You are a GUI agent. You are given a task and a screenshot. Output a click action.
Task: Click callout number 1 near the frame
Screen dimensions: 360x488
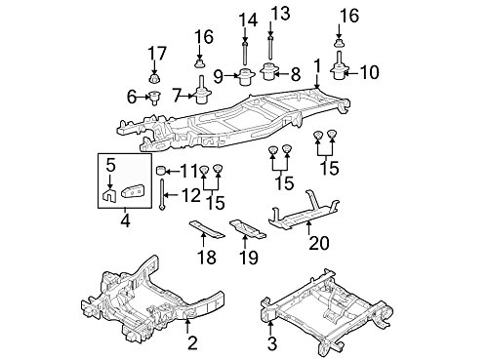click(315, 65)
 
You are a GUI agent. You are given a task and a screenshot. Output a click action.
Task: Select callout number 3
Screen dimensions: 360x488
click(271, 342)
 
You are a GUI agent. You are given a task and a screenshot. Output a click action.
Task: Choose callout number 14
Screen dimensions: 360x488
click(242, 19)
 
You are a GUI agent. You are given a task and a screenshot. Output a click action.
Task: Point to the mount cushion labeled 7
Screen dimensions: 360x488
click(200, 96)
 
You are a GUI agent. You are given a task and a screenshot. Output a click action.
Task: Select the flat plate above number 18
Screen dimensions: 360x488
click(202, 229)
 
